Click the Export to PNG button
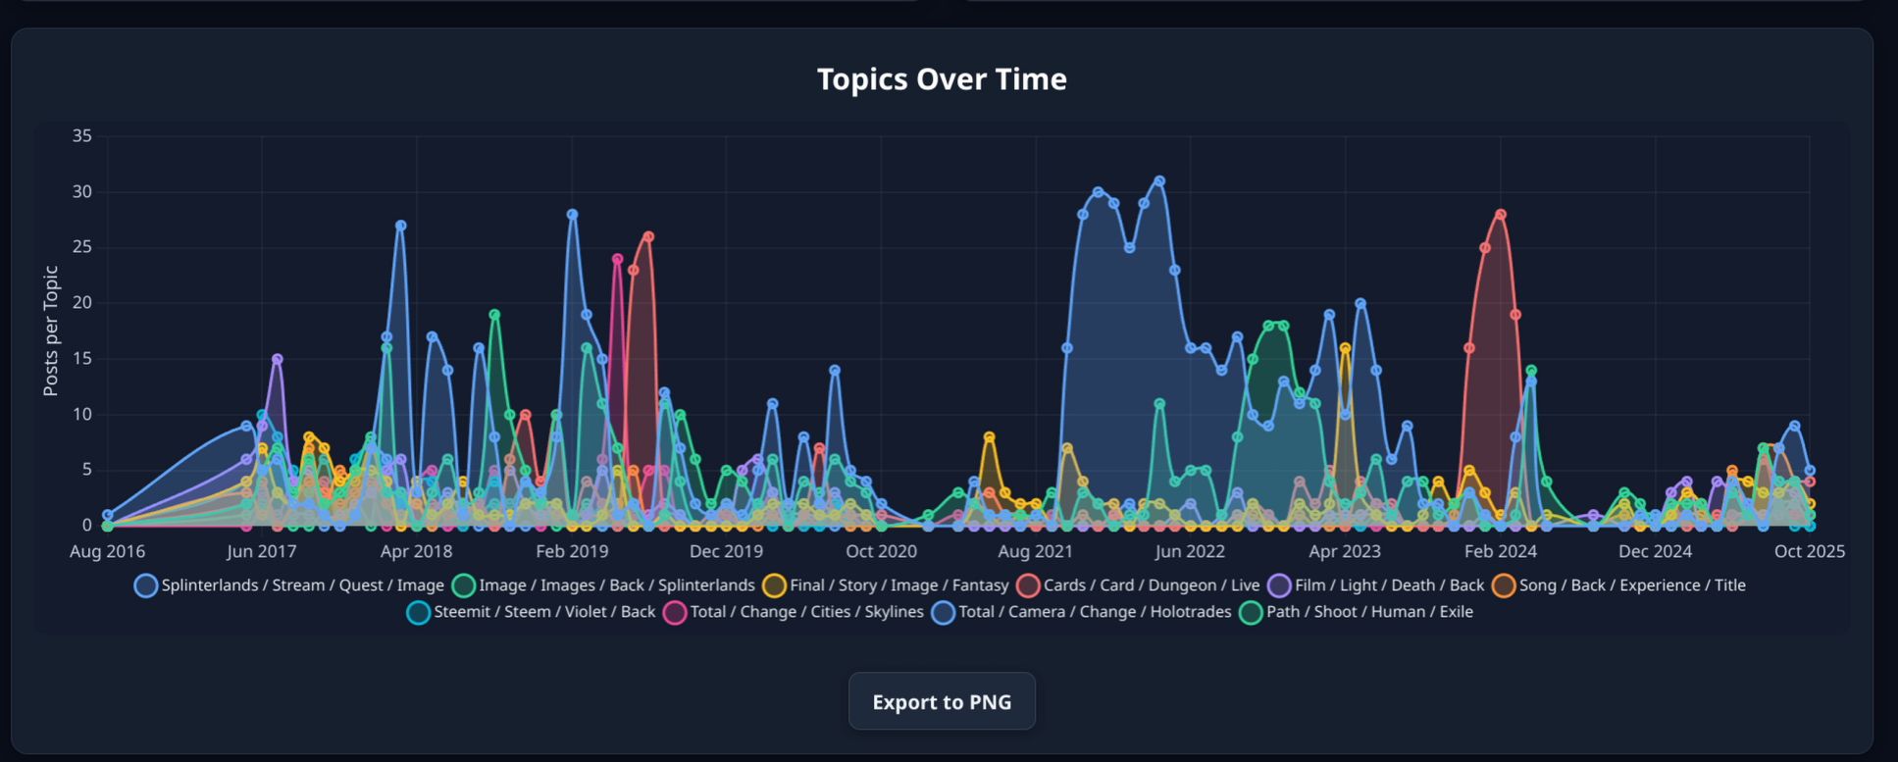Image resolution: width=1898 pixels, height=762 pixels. pos(942,701)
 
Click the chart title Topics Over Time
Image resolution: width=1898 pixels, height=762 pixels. pos(942,78)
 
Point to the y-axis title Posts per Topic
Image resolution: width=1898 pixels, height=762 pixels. pos(51,330)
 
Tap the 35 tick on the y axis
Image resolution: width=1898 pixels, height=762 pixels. pos(82,136)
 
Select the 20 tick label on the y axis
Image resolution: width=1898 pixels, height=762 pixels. pos(82,303)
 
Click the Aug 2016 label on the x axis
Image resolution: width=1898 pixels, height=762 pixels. pos(107,551)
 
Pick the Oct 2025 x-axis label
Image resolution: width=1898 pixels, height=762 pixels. pos(1809,551)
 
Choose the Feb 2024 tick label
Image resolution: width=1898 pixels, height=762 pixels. pos(1500,551)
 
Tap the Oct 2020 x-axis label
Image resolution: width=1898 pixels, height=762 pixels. pos(881,551)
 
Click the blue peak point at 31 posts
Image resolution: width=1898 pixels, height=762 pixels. pos(1159,181)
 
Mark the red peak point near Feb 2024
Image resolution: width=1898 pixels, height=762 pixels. pos(1501,215)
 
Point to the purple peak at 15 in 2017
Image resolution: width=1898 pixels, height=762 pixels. pos(278,359)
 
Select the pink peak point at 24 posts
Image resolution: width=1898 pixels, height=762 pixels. pos(617,259)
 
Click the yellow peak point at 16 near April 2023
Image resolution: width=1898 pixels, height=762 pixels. pos(1345,348)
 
